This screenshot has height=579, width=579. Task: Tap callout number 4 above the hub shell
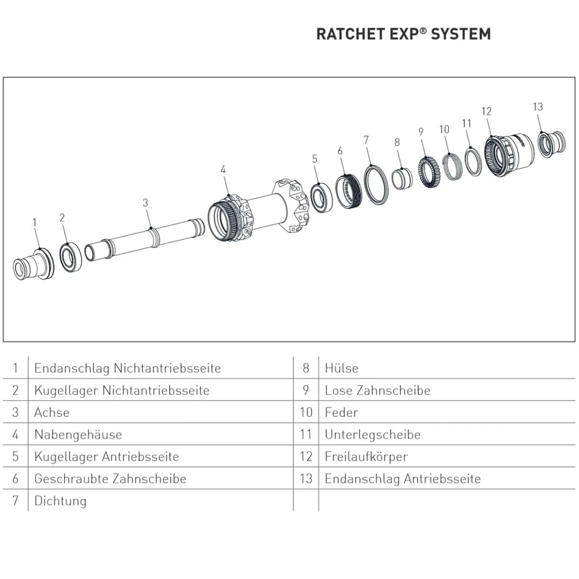coord(223,169)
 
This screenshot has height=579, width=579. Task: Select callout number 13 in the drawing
coord(538,107)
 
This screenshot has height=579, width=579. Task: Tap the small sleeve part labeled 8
coord(401,178)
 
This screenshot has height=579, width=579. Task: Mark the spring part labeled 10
coord(453,165)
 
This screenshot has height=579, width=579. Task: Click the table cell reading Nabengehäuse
coord(78,434)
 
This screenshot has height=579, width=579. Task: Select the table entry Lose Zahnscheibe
coord(377,390)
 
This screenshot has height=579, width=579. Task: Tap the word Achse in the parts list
coord(52,413)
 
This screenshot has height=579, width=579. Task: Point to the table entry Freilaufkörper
coord(366,456)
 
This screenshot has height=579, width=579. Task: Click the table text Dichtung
coord(60,501)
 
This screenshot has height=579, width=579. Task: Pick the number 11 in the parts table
coord(305,434)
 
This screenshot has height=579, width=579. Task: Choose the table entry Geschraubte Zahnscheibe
coord(110,479)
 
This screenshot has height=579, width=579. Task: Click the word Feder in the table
coord(342,413)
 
